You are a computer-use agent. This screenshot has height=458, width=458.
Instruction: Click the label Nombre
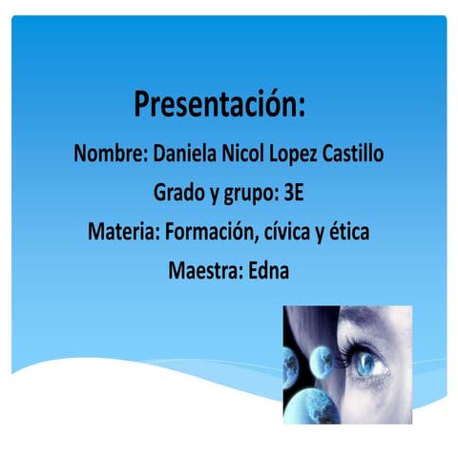point(108,153)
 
